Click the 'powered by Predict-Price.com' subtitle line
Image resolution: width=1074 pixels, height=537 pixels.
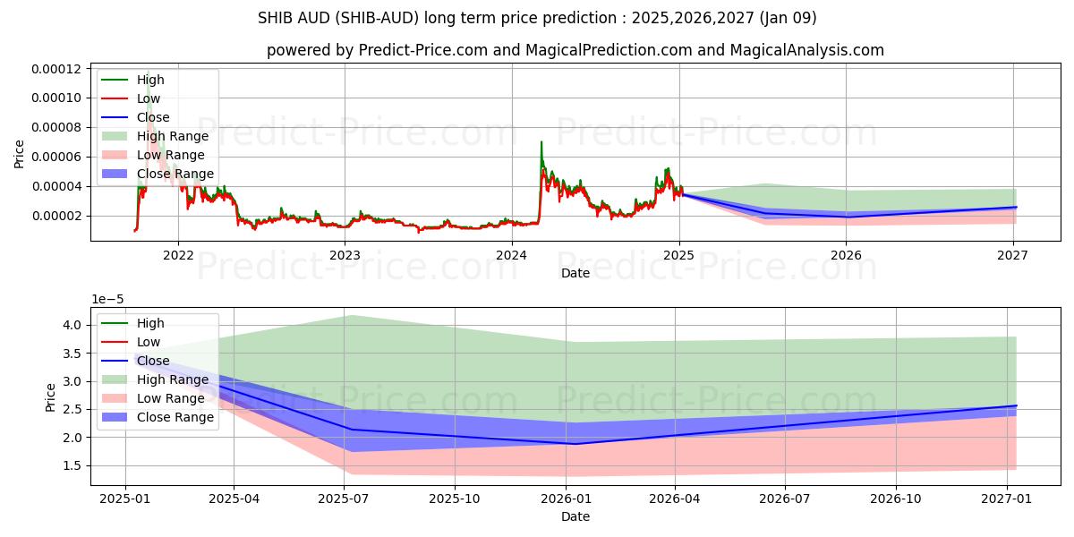(575, 50)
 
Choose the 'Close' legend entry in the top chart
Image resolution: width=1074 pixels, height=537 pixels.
(153, 117)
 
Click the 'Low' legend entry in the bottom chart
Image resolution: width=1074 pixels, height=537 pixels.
(148, 342)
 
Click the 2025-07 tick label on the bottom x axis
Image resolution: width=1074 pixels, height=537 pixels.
(345, 499)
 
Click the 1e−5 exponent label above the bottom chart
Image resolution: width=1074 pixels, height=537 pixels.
(108, 300)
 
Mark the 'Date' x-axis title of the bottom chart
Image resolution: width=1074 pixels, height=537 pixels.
(575, 516)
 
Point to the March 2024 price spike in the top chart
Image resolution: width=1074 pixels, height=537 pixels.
(541, 143)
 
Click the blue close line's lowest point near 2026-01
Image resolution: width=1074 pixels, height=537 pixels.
(573, 443)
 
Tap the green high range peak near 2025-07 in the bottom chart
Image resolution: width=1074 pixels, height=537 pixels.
(351, 315)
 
